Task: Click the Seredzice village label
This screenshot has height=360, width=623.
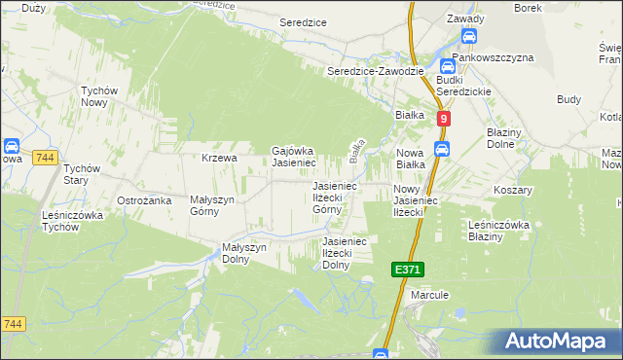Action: click(303, 21)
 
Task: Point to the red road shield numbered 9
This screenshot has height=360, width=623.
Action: click(444, 118)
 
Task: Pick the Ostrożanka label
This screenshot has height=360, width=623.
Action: click(144, 199)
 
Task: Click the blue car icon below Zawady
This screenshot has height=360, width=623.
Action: click(468, 37)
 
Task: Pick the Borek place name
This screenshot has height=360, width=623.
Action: click(527, 8)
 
